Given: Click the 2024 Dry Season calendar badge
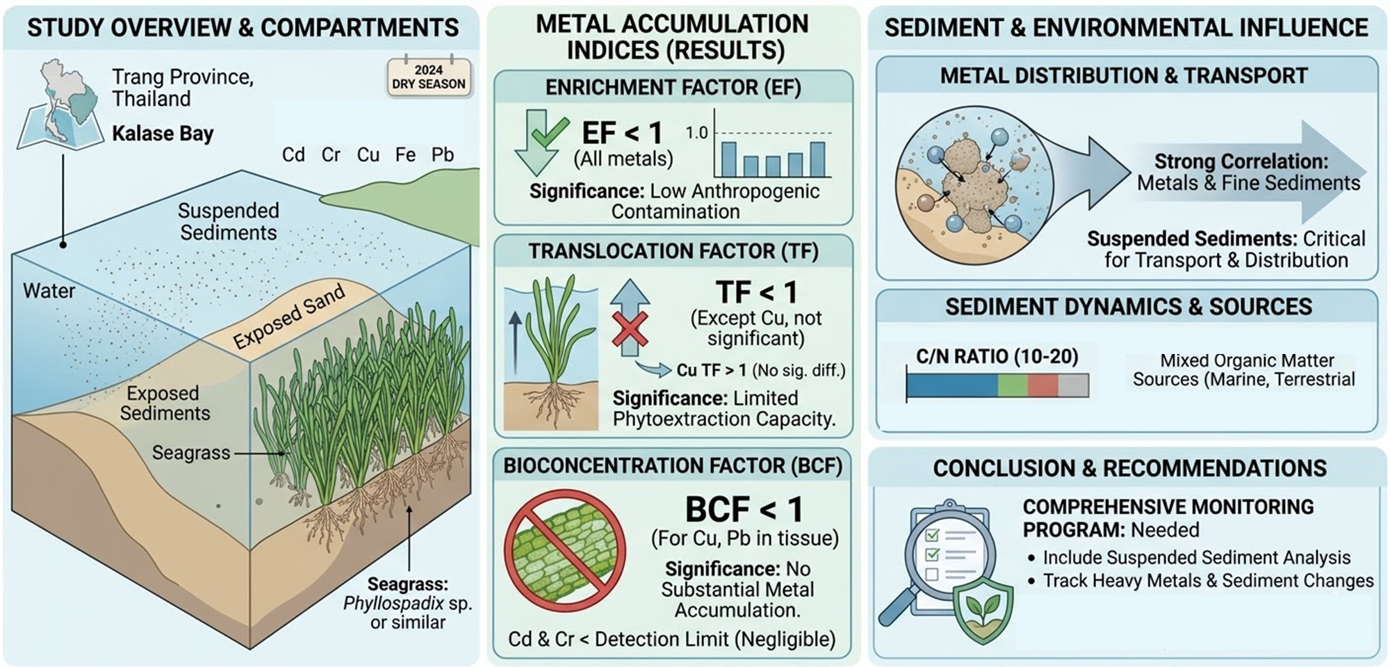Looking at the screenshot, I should [429, 77].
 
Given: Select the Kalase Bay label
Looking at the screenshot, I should [163, 133].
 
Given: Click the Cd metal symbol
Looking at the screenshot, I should [293, 154].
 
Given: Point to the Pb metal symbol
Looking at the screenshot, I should [443, 154].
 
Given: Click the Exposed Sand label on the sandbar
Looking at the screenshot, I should [289, 316].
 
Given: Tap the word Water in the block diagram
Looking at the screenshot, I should [49, 291].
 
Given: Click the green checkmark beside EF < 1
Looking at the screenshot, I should [549, 131].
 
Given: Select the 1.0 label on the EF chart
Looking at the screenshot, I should [696, 132].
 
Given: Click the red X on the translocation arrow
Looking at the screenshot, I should [630, 329].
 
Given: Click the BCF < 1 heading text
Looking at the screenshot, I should [744, 509].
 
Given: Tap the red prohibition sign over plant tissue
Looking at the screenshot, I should [564, 551].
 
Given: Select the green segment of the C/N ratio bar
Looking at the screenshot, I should [1012, 385].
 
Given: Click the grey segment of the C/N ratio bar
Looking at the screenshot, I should [1074, 385].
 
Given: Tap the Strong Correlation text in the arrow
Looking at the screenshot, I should [1241, 161].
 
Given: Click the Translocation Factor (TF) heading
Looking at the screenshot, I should [673, 251].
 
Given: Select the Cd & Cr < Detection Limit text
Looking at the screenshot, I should [671, 639].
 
